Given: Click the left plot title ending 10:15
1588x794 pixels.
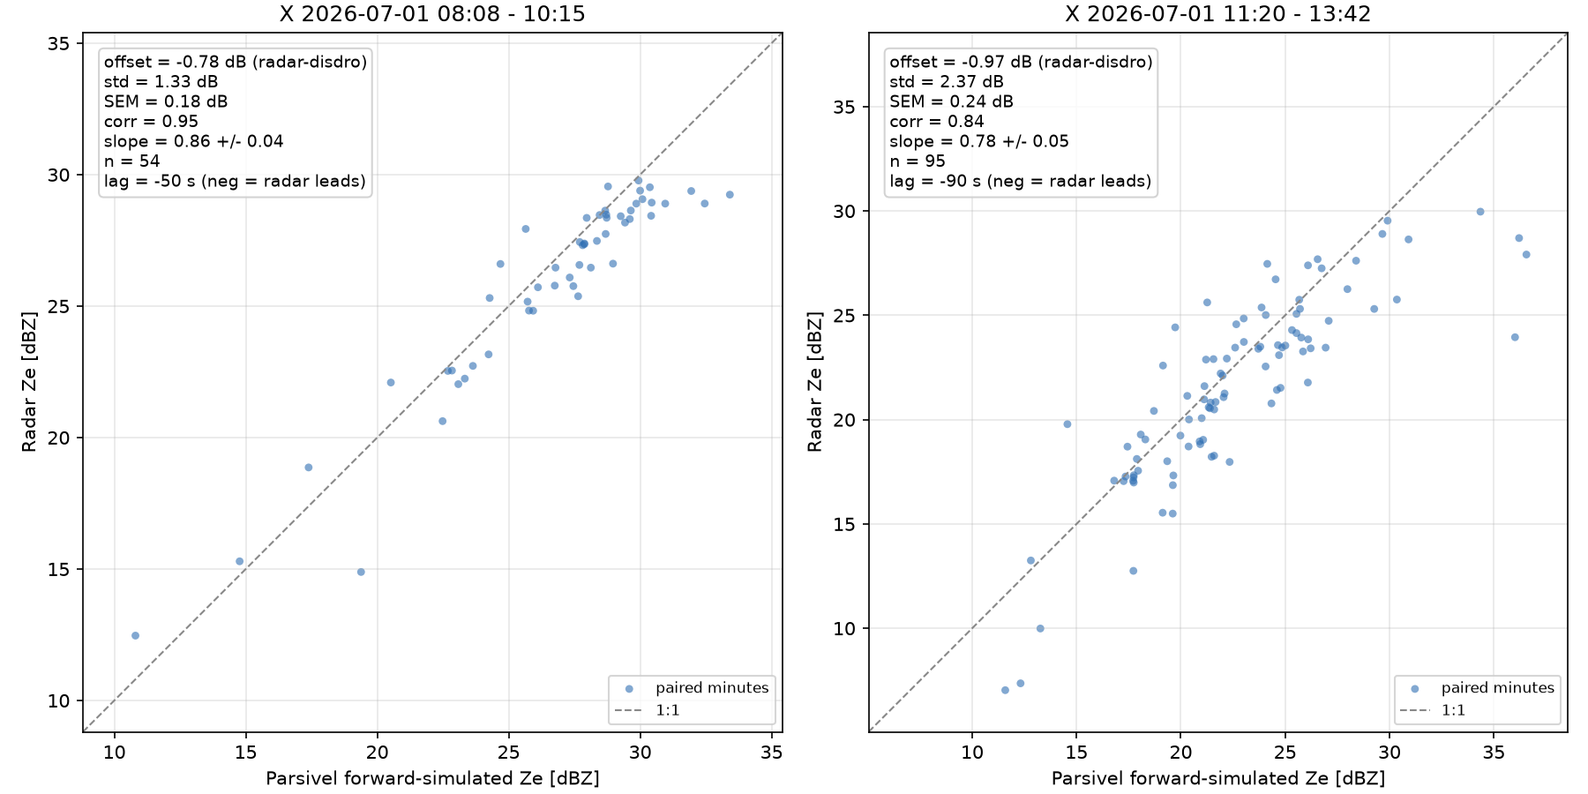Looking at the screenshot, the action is coord(432,14).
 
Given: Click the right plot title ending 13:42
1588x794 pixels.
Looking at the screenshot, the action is coord(1217,14).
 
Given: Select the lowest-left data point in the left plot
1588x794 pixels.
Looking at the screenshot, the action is coord(135,635).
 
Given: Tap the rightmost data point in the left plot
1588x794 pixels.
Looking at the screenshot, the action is coord(730,195).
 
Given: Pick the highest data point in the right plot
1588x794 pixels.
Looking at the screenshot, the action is coord(1480,212).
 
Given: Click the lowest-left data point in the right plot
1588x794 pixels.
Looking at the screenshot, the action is coord(1005,690).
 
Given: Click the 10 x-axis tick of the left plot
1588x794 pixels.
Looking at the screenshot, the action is coord(115,752).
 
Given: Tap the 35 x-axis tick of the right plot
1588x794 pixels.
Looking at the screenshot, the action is coord(1494,752).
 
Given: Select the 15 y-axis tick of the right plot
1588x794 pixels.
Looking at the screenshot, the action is coord(845,524).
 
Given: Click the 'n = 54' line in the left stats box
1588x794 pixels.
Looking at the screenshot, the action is coord(132,161).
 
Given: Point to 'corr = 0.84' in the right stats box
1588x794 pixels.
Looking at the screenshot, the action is coord(937,122).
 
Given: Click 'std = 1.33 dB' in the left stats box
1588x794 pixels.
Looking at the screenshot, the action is coord(161,81).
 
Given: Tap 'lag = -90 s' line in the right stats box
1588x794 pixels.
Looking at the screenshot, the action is coord(1021,182).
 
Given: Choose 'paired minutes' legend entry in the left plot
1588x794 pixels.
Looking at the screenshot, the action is coord(712,688).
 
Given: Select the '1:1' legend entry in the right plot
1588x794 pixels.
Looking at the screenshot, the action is coord(1453,710).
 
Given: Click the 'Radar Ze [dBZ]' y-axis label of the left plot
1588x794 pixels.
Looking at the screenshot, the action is coord(29,382).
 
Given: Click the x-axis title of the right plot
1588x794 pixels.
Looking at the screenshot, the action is coord(1218,778).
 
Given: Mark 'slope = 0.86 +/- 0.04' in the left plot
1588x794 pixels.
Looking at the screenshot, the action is coord(194,141).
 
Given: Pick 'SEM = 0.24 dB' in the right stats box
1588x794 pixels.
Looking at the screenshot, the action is coord(952,101).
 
